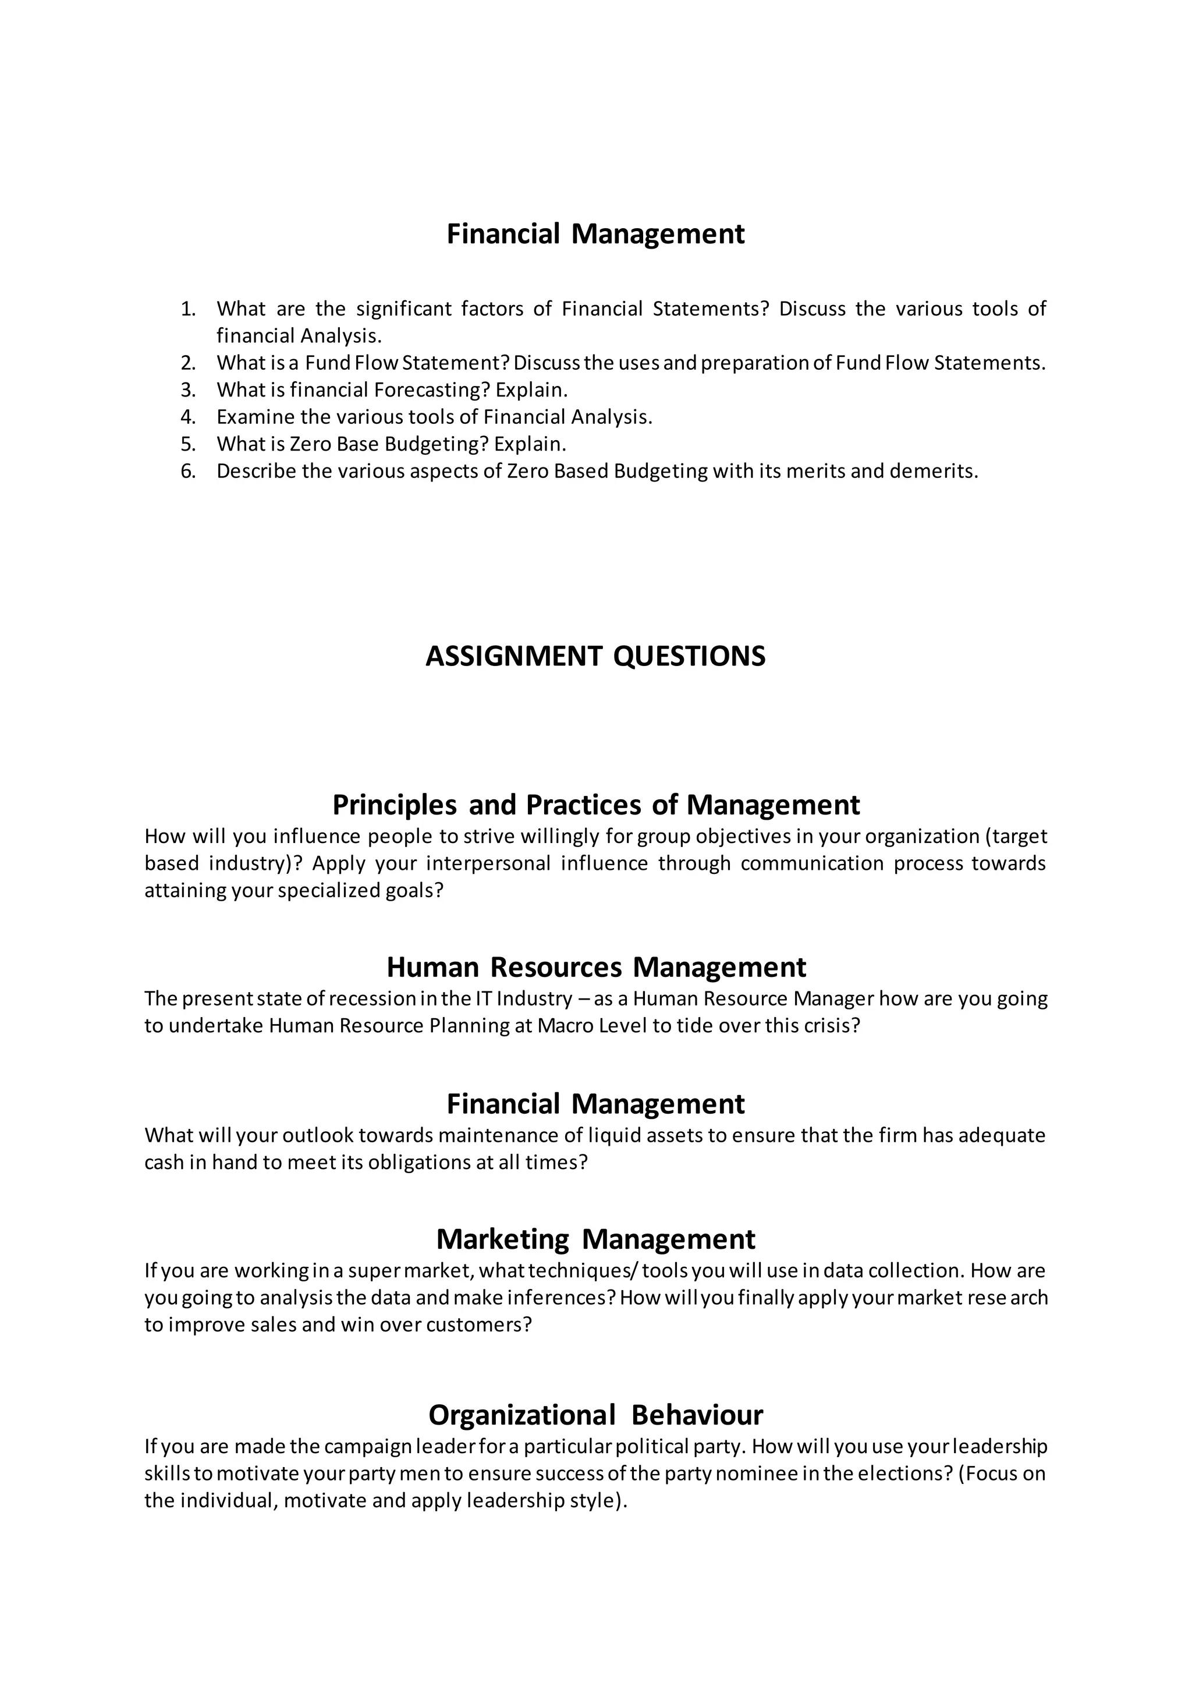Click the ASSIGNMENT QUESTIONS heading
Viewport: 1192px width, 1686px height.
[x=595, y=656]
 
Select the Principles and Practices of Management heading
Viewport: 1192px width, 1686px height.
[x=595, y=805]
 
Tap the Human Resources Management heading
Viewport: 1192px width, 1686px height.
[x=595, y=967]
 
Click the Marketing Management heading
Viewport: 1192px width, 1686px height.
[x=595, y=1239]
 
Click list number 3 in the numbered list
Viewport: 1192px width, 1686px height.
[x=188, y=390]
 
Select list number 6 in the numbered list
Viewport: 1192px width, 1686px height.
[x=188, y=472]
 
